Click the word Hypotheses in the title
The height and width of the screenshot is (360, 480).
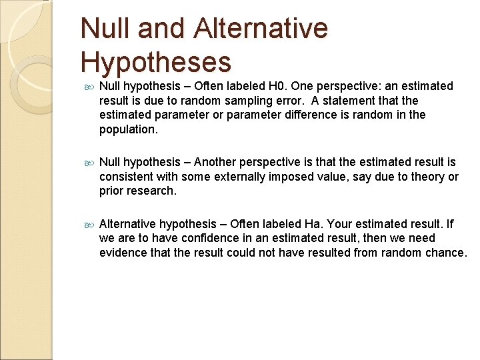click(x=156, y=62)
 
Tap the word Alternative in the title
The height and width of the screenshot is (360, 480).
click(x=262, y=28)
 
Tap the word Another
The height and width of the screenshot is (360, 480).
click(x=219, y=162)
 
